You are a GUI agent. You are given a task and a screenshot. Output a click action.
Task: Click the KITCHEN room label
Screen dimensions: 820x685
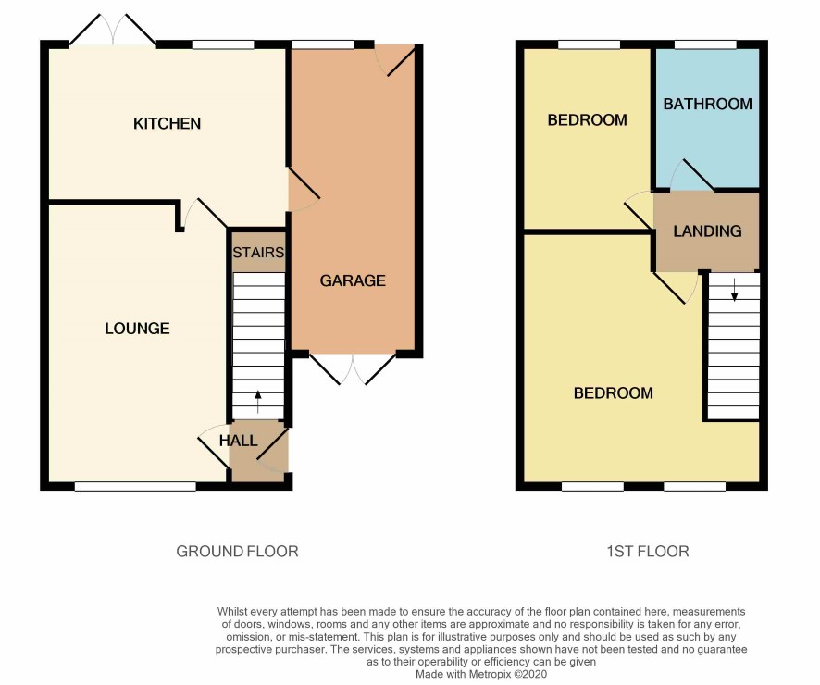tap(167, 123)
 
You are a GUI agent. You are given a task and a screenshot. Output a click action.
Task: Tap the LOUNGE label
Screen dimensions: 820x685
tap(137, 329)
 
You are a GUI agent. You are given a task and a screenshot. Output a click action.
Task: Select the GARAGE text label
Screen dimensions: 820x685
tap(353, 280)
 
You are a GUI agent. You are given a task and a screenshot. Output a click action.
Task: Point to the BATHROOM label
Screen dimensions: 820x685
tap(708, 104)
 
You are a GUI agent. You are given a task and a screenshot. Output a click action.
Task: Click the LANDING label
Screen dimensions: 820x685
tap(707, 231)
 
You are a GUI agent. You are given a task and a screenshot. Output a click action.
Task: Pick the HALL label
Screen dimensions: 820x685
tap(238, 441)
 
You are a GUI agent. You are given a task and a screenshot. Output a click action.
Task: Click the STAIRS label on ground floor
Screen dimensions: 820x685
tap(258, 253)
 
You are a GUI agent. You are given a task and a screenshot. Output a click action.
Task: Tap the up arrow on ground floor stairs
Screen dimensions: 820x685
tap(258, 401)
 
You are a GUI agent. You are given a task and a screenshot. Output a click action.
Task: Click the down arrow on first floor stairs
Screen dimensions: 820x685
tap(734, 291)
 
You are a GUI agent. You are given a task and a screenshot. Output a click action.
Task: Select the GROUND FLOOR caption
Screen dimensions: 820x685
tap(237, 551)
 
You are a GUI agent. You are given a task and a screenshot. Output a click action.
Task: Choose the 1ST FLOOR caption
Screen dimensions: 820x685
tap(648, 551)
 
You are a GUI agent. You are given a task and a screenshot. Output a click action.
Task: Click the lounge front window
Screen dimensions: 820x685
tap(135, 486)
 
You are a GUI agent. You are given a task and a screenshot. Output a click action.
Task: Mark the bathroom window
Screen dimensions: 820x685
tap(705, 45)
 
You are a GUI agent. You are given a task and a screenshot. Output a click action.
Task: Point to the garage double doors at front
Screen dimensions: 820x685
tap(353, 368)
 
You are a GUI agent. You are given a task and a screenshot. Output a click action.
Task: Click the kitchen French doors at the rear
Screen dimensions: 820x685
tap(112, 31)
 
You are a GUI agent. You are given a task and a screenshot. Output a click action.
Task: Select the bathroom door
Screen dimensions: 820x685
tap(691, 174)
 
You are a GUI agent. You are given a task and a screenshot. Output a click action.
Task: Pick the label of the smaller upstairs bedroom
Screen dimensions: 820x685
tap(587, 120)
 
